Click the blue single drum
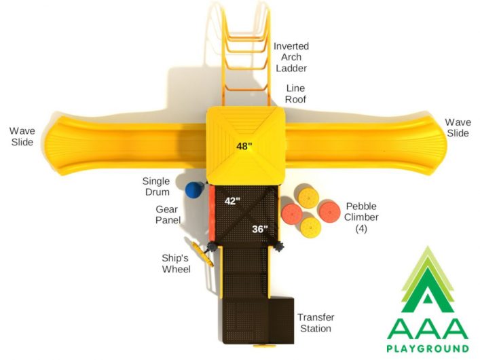tap(194, 190)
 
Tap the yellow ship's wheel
tap(202, 254)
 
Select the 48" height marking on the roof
tap(244, 146)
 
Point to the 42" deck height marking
tap(232, 201)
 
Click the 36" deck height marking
tap(260, 229)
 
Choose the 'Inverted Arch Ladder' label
tap(291, 57)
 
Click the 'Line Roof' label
tap(295, 94)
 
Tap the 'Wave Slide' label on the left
tap(22, 137)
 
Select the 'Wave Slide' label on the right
tap(458, 128)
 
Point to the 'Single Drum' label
tap(156, 186)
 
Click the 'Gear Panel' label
tap(168, 215)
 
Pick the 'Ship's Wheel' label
tap(176, 264)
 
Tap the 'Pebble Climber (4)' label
tap(361, 217)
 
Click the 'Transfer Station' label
tap(316, 323)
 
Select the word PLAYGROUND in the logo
tap(428, 348)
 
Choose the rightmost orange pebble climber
tap(330, 212)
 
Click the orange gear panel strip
tap(212, 213)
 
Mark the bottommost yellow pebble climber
tap(311, 228)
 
